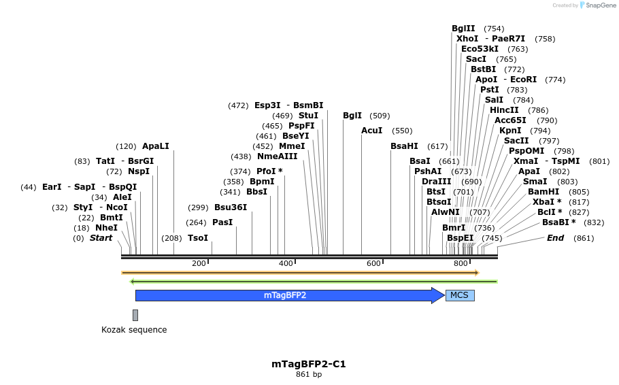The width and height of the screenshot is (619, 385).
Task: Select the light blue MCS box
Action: pyautogui.click(x=460, y=295)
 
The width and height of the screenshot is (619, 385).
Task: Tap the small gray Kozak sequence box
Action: pyautogui.click(x=135, y=315)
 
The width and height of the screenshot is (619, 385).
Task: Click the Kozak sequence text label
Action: pyautogui.click(x=134, y=330)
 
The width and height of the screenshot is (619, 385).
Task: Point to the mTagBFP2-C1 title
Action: pyautogui.click(x=309, y=364)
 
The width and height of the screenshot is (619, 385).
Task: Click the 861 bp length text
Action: pyautogui.click(x=309, y=375)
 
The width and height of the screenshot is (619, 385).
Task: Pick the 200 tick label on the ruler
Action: pyautogui.click(x=199, y=263)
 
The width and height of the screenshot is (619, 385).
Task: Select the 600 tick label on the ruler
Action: pyautogui.click(x=373, y=263)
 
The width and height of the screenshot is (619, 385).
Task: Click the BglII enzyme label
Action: pyautogui.click(x=463, y=29)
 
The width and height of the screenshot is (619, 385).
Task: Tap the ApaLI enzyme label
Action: pyautogui.click(x=155, y=146)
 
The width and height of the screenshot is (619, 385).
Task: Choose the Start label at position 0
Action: pyautogui.click(x=101, y=238)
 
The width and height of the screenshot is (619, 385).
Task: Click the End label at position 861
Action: pyautogui.click(x=555, y=238)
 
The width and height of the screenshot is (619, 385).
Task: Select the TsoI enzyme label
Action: pyautogui.click(x=197, y=238)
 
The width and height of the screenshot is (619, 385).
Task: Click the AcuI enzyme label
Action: pyautogui.click(x=371, y=131)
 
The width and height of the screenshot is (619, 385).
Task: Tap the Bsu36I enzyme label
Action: pyautogui.click(x=231, y=207)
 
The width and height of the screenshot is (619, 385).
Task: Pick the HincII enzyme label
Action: pyautogui.click(x=504, y=110)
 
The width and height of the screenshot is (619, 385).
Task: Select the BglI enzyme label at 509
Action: pyautogui.click(x=352, y=116)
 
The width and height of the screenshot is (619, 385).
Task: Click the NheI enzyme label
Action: pyautogui.click(x=106, y=228)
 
